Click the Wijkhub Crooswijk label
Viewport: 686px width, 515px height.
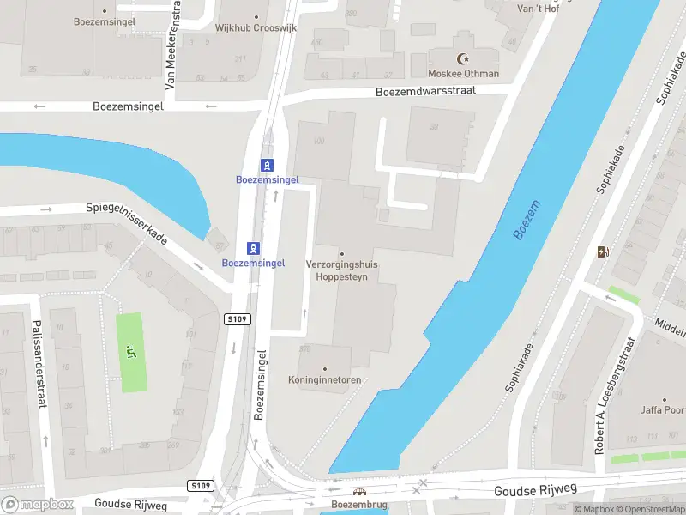[x=256, y=27]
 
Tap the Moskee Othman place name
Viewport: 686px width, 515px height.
[x=464, y=73]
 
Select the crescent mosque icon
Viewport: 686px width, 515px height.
[x=465, y=59]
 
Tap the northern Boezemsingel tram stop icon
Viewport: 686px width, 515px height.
[x=268, y=165]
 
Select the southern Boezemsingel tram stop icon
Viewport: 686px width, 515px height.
[x=253, y=248]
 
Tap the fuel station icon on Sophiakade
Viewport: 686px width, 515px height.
[x=603, y=251]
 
